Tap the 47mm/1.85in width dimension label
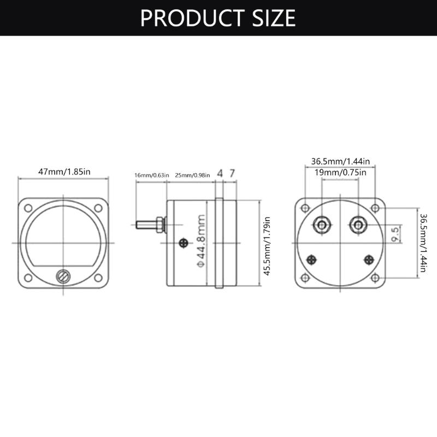(x=64, y=172)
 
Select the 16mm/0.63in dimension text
(x=152, y=175)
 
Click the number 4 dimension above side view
(x=220, y=173)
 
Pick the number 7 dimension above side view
(x=232, y=173)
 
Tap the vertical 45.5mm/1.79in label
(x=267, y=246)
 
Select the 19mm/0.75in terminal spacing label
(x=340, y=172)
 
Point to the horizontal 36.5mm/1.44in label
(x=340, y=162)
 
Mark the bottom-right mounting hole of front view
(x=98, y=278)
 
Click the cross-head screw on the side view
(x=184, y=243)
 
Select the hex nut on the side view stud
(x=160, y=225)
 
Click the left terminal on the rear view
(x=322, y=224)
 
